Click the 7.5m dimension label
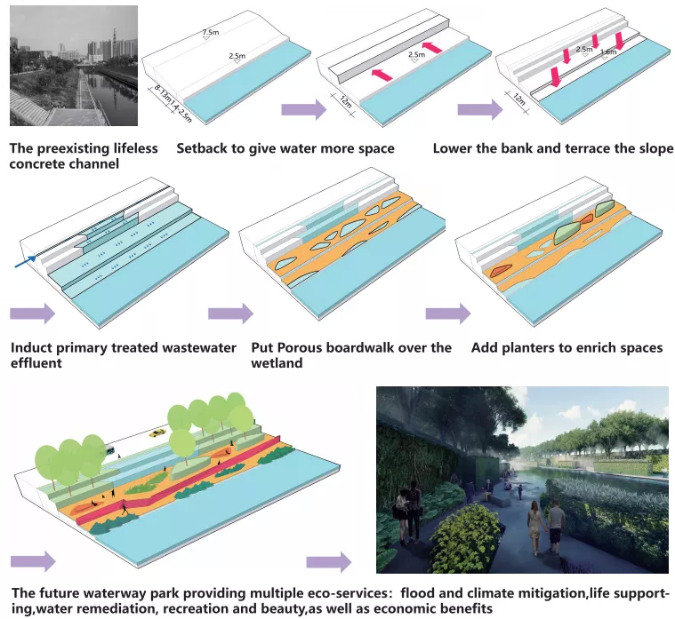(210, 34)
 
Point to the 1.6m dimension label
(608, 52)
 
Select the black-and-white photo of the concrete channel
(73, 67)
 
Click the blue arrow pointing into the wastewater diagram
(26, 260)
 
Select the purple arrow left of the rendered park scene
(328, 562)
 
